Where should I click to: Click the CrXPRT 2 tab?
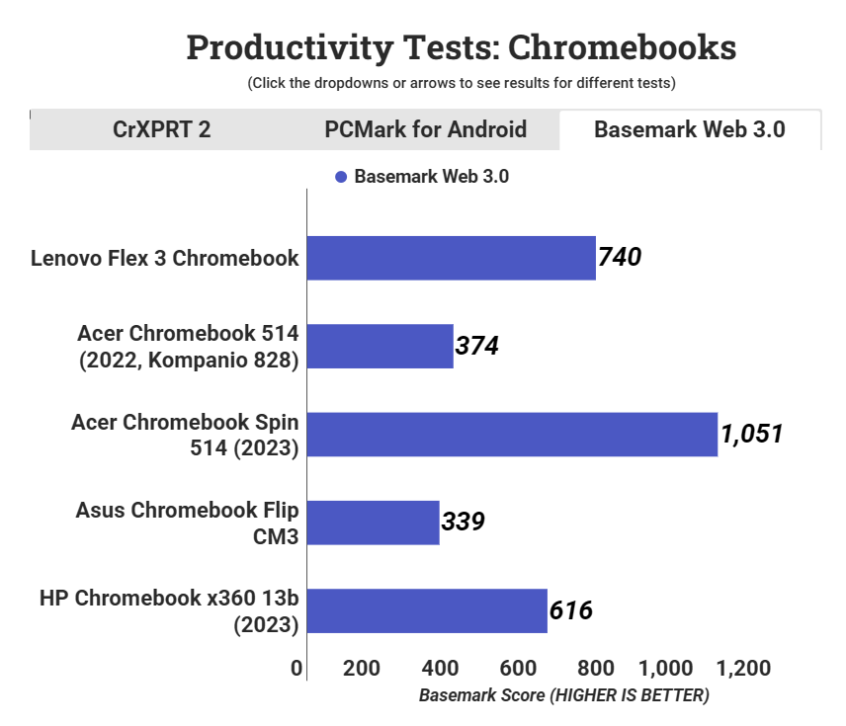[x=161, y=129]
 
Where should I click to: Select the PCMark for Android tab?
[x=425, y=129]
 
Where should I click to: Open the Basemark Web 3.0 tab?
[x=689, y=129]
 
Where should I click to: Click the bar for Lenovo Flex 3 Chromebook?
[x=452, y=258]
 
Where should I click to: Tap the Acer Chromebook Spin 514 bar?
[x=512, y=435]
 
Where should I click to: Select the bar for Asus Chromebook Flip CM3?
[x=374, y=523]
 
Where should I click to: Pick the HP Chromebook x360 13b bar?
[x=427, y=610]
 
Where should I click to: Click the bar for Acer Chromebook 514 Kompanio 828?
[x=381, y=346]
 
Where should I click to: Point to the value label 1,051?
[x=752, y=434]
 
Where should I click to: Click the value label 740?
[x=620, y=258]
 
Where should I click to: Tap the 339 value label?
[x=463, y=522]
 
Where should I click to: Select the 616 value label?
[x=570, y=610]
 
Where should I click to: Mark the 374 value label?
[x=476, y=346]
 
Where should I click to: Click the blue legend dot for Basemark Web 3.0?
[x=341, y=178]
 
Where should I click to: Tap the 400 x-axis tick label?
[x=439, y=668]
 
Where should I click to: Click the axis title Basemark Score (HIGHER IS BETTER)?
[x=563, y=695]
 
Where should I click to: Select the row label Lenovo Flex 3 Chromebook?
[x=164, y=259]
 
